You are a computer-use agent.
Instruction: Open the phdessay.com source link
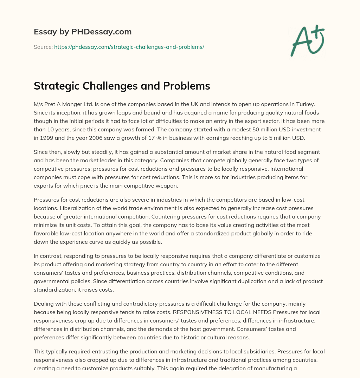[129, 47]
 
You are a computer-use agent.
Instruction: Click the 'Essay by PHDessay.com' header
[83, 32]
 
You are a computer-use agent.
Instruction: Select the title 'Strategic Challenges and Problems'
[122, 86]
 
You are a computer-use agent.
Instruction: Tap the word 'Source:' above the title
[43, 47]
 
